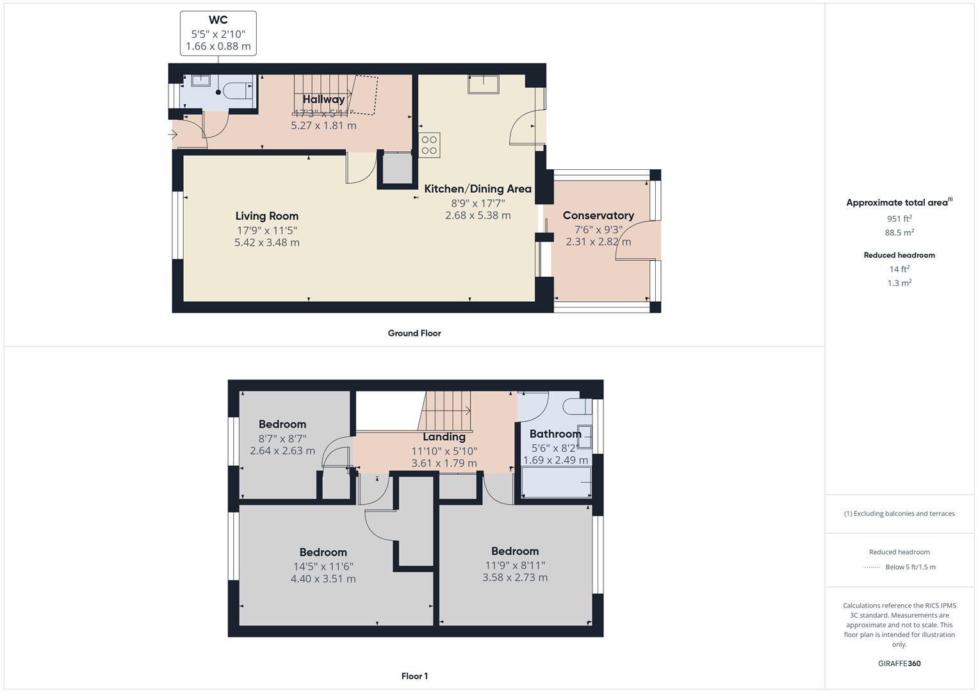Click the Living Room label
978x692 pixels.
[266, 216]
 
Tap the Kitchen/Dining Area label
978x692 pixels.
[478, 189]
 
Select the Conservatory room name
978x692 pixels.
[598, 215]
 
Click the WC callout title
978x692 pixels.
[218, 21]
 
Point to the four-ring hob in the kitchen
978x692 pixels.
[430, 145]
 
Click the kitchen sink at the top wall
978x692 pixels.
[483, 84]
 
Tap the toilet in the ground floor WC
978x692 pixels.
[239, 90]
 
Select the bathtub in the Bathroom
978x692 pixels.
[555, 482]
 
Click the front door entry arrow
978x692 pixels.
[173, 135]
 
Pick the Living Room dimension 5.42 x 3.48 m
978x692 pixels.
[266, 243]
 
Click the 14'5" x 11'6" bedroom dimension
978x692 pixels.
[323, 566]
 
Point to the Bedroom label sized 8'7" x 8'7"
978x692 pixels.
[282, 424]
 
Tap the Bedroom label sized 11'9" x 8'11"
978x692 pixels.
[515, 551]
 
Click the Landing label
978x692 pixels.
[444, 437]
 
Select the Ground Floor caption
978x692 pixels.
[414, 333]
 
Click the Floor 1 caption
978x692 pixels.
[414, 676]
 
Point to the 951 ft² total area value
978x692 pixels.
[899, 218]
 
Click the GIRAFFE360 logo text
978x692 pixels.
[899, 664]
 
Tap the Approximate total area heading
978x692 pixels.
[897, 202]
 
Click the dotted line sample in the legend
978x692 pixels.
[872, 567]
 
